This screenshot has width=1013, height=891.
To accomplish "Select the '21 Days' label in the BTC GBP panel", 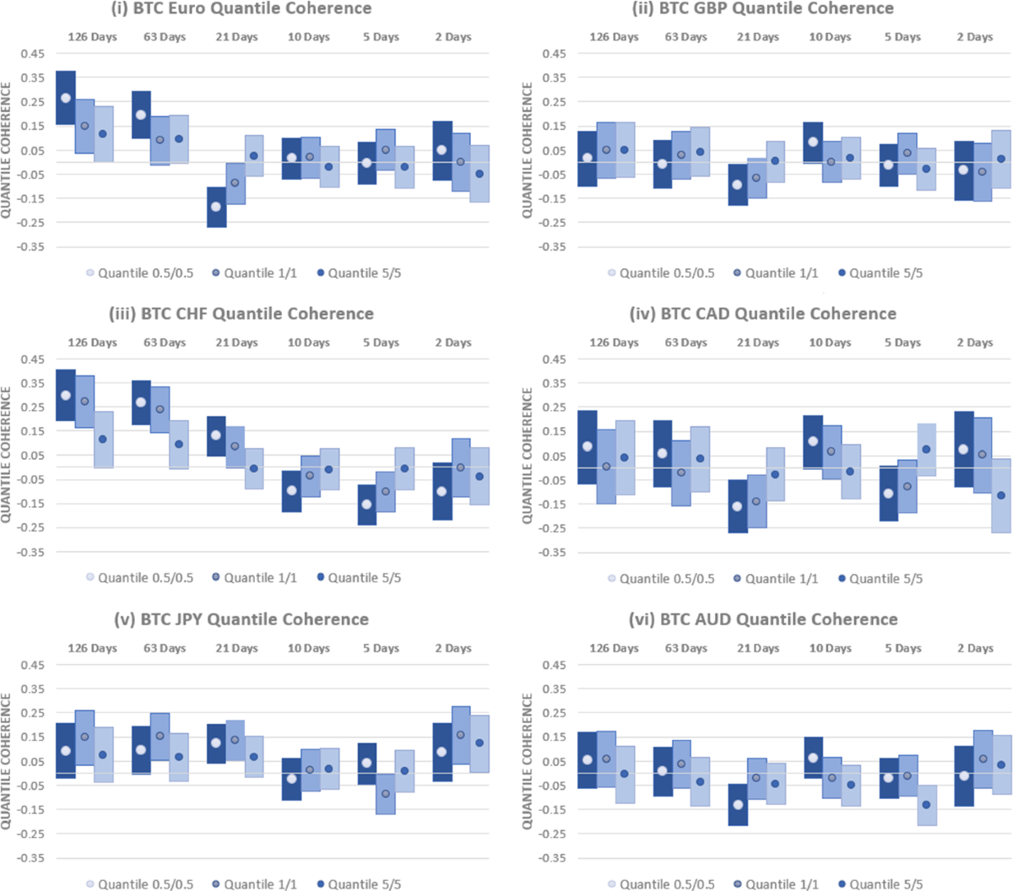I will (758, 37).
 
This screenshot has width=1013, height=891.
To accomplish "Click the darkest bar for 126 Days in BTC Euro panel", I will (65, 98).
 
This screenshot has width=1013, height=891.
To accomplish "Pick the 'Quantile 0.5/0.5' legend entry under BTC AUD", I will (659, 884).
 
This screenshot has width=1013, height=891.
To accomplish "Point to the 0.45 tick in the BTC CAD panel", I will (554, 359).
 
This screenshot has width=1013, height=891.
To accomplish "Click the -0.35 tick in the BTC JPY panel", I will (32, 858).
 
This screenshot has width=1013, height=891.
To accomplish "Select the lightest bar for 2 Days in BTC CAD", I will (1000, 495).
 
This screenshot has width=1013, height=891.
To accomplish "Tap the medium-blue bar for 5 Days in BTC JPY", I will (385, 793).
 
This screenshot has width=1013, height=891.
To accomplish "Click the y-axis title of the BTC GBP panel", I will (528, 150).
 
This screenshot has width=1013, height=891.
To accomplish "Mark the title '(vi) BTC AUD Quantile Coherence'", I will (763, 619).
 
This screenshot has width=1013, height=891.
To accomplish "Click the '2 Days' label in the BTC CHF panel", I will (453, 343).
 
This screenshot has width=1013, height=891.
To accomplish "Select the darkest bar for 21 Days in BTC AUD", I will (738, 804).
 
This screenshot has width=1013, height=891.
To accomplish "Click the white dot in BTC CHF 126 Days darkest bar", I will (65, 395).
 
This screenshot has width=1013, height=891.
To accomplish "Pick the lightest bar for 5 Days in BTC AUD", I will (926, 805).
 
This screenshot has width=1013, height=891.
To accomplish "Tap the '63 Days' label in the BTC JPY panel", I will (165, 648).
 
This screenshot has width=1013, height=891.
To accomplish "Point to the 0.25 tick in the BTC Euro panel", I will (32, 102).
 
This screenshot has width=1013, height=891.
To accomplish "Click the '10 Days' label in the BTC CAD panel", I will (830, 343).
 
